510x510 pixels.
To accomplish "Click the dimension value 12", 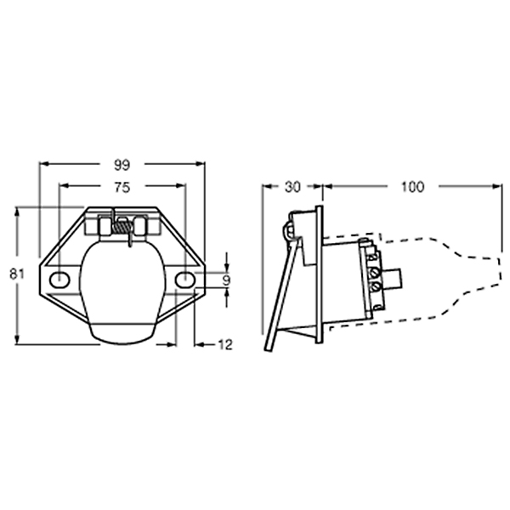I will point(225,345).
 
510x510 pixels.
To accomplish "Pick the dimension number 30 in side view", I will point(292,186).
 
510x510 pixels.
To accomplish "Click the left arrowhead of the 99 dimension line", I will point(42,164).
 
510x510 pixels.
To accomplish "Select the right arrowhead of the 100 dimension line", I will point(495,187).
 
